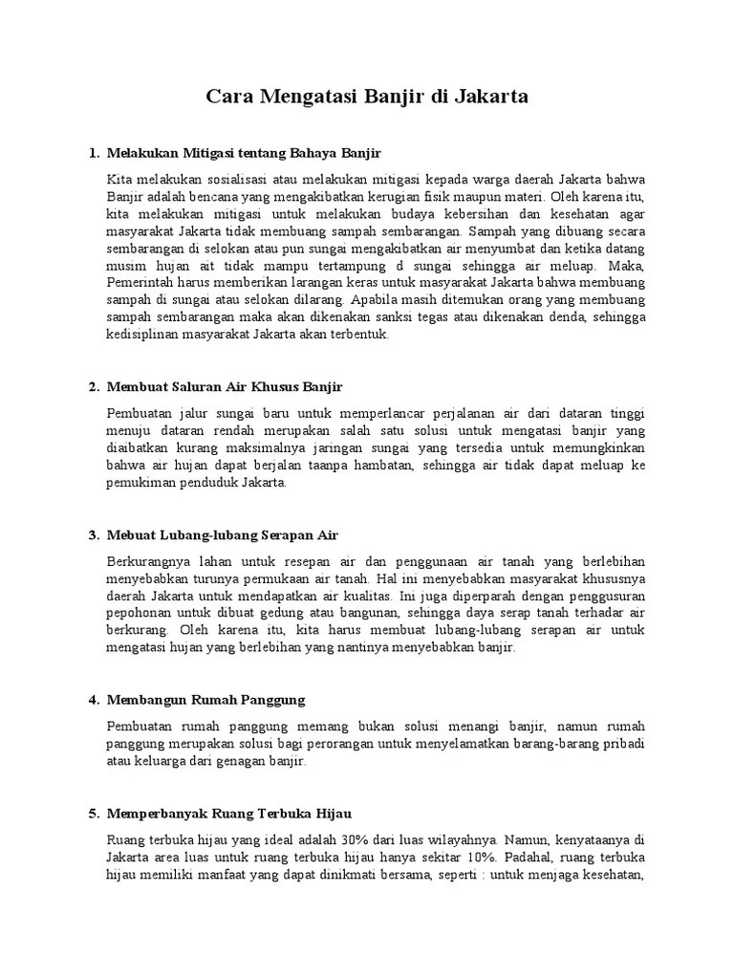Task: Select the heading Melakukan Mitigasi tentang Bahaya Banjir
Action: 245,153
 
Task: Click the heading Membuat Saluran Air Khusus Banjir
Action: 225,386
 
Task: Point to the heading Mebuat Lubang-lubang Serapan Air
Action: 223,535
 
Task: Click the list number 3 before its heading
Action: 93,535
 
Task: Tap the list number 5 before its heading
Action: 93,815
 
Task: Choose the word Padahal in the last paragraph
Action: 530,858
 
